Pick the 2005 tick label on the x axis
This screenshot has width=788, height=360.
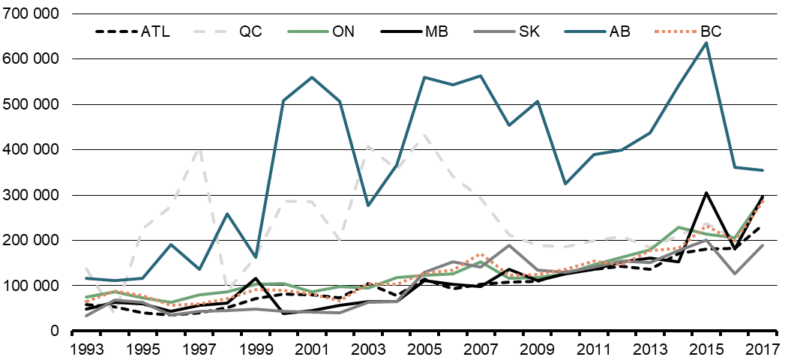coord(425,349)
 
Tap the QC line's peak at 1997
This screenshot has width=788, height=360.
coord(199,149)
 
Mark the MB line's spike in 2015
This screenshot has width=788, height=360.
coord(706,193)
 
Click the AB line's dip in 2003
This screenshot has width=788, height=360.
coord(368,205)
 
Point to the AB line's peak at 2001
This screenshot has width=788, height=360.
coord(312,77)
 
